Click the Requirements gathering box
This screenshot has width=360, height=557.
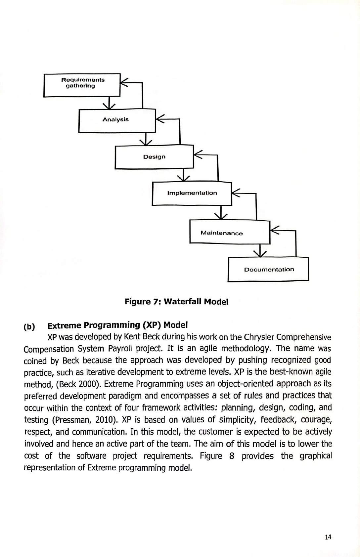[82, 85]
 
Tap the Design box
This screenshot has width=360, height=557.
[154, 157]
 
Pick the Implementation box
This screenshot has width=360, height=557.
[192, 193]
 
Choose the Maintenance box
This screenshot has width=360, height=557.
[230, 232]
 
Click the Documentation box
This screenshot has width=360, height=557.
[268, 269]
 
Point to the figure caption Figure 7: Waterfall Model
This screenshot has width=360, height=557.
[176, 302]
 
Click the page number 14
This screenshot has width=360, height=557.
[328, 536]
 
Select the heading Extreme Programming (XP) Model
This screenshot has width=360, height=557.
[118, 325]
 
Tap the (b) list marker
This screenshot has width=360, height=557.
[29, 327]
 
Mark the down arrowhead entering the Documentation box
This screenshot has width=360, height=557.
[260, 253]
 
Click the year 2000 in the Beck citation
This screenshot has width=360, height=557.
[90, 384]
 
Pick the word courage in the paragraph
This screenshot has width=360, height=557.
[317, 420]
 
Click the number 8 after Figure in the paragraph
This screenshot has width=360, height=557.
[232, 456]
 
